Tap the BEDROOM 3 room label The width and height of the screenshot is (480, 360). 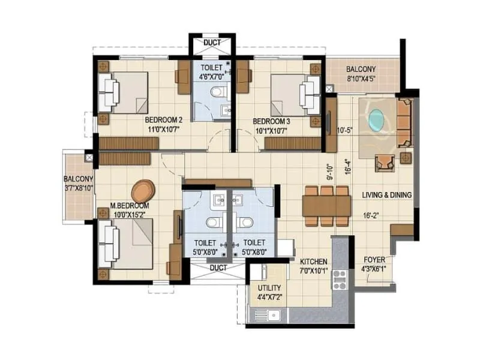click(272, 121)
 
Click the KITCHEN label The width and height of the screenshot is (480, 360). click(313, 262)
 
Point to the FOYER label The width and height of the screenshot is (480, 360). click(374, 260)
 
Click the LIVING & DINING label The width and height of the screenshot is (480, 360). click(386, 195)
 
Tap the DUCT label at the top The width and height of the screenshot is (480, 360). click(212, 43)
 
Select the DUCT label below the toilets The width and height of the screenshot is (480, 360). click(218, 267)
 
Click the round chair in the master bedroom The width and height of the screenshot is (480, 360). click(143, 191)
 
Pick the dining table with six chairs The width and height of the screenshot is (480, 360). click(326, 206)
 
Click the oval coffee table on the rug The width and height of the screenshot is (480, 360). click(376, 119)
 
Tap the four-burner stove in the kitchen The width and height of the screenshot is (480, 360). click(340, 280)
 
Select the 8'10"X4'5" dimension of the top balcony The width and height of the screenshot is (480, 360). click(361, 78)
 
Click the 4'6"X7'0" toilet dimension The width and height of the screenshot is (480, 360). click(211, 76)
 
